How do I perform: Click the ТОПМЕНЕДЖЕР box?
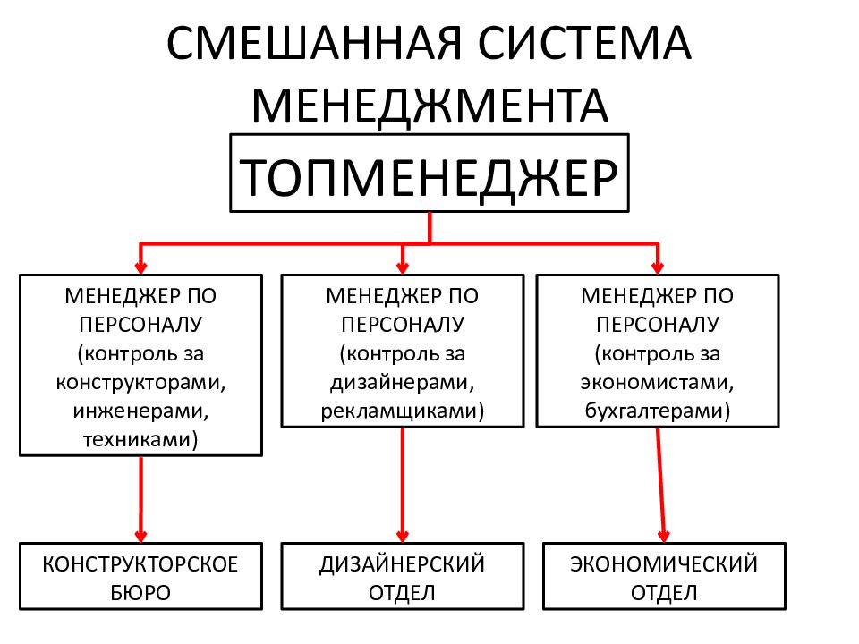(429, 173)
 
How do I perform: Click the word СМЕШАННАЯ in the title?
(314, 43)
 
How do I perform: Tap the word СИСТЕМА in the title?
(584, 43)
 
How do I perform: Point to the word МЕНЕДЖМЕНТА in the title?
(429, 106)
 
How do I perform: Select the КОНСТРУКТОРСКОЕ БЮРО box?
(140, 576)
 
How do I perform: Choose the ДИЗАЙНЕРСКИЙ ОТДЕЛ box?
(403, 576)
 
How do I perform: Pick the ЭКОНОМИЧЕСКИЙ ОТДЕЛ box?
(664, 576)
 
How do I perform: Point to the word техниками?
(137, 439)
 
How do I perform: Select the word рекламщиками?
(399, 411)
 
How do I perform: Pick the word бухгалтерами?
(654, 411)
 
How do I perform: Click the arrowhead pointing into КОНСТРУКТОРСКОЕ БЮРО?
(140, 536)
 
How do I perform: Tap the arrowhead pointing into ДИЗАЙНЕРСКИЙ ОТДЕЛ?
(403, 536)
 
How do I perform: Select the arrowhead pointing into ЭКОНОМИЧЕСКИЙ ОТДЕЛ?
(664, 536)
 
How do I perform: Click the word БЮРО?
(140, 593)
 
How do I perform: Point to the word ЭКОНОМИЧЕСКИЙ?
(664, 564)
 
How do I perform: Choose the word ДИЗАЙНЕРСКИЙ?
(403, 564)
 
